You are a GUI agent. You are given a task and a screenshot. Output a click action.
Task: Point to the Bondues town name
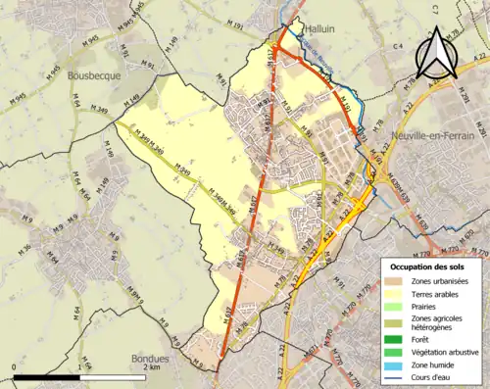150,359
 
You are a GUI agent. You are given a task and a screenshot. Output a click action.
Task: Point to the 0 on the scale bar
13,367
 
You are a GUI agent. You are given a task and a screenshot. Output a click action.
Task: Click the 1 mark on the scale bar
78,367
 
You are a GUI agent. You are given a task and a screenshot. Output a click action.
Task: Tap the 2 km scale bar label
148,367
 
